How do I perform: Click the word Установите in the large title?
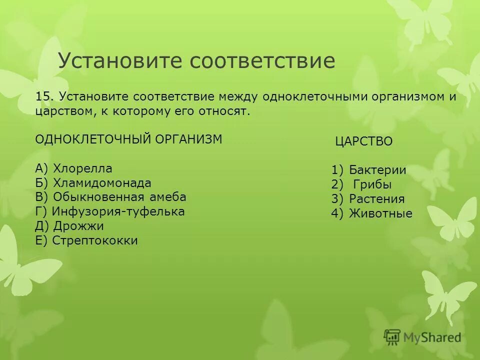click(120, 61)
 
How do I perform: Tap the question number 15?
click(44, 96)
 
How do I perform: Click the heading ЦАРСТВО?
click(364, 141)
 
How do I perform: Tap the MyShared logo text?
click(432, 337)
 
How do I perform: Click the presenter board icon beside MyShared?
click(392, 337)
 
